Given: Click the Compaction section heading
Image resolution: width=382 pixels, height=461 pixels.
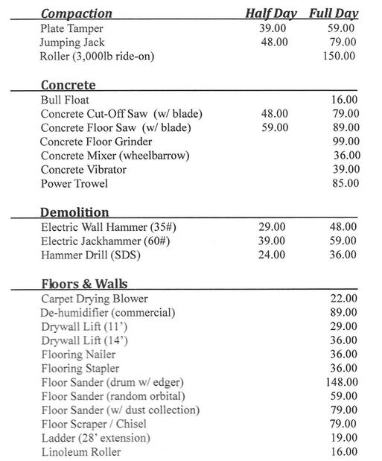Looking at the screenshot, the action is coord(77,13).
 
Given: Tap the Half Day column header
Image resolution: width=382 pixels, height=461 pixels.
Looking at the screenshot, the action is coord(271,13).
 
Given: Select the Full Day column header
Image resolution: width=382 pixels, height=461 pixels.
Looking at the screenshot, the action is coord(334,13).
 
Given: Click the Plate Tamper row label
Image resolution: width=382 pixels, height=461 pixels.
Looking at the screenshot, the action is coord(72,28).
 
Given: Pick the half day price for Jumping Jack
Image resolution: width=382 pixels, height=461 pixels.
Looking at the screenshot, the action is coord(273,42).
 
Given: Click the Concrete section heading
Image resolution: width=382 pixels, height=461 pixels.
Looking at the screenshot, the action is coord(68,85).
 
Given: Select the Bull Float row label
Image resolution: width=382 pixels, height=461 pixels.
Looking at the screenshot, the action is coord(66,99).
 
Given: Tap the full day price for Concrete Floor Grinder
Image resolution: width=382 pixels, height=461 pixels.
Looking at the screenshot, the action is coord(346,142).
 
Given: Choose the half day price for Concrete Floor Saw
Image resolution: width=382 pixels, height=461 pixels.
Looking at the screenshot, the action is coord(273,127).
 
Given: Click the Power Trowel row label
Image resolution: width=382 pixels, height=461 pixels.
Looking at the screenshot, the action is coord(74,183).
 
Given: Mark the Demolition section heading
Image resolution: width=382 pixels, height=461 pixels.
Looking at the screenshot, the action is coord(74,212).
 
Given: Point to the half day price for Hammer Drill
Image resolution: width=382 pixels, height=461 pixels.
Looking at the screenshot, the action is coord(270,255).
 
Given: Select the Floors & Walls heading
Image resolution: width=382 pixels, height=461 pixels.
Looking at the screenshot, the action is coord(84,284).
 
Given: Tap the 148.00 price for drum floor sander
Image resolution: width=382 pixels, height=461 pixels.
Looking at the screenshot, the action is coord(343,382).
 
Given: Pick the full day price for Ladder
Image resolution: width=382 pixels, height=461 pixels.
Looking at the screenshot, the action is coord(344,438).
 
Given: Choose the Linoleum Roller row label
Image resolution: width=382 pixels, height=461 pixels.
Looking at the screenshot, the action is coord(81,452).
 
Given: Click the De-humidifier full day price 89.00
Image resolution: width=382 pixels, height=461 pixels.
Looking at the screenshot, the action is coord(344,312).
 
